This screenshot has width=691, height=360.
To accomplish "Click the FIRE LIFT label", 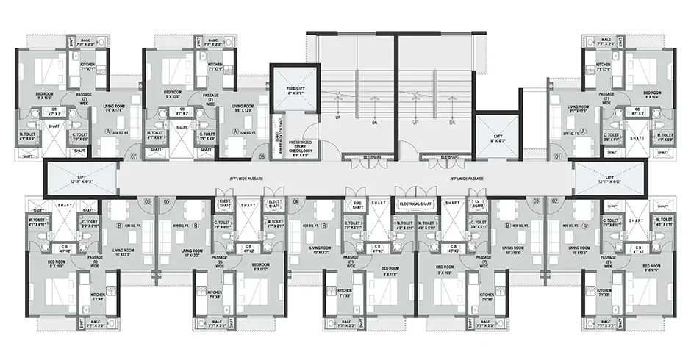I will click(x=294, y=91).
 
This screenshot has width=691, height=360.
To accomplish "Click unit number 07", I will click(x=133, y=156).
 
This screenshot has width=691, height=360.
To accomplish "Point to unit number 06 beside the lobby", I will click(x=261, y=156).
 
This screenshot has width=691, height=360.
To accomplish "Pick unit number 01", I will click(x=558, y=156).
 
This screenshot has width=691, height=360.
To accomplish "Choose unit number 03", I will click(x=536, y=201).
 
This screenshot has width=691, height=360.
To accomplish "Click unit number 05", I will click(x=167, y=201).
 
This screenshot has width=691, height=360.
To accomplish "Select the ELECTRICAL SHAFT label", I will click(x=417, y=204).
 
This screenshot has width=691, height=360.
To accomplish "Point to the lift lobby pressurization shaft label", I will click(x=278, y=131).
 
